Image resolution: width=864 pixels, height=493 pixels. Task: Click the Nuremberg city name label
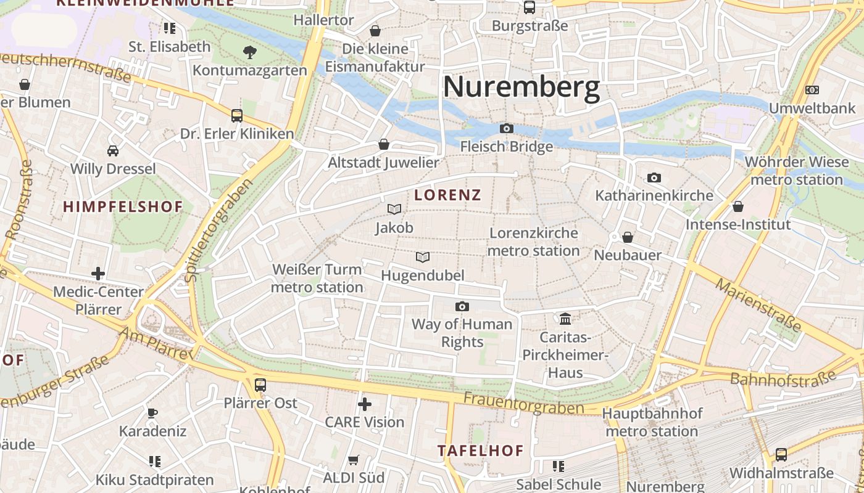[521, 87]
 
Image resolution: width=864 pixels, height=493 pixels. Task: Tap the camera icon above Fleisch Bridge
[507, 128]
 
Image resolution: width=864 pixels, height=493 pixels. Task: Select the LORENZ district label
[448, 195]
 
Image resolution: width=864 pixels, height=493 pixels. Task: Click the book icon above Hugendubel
[423, 257]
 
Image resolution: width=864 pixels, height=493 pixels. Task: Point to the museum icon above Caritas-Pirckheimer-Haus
[565, 319]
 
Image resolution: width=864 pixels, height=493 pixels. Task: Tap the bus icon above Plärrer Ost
[260, 385]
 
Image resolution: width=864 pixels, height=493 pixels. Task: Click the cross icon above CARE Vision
[365, 404]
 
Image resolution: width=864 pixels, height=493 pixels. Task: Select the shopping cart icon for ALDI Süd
[354, 460]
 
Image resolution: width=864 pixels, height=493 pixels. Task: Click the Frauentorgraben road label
[523, 404]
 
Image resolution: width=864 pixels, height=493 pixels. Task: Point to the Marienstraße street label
[759, 304]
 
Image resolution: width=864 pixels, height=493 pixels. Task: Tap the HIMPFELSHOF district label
[123, 207]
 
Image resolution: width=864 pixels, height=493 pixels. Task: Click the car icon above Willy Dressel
[113, 150]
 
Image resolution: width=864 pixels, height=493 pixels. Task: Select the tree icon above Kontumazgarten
[250, 52]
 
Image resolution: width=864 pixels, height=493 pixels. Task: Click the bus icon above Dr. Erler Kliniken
[237, 115]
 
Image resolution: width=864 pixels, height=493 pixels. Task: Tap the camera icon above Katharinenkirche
[654, 178]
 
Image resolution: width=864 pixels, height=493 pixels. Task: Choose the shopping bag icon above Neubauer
[628, 237]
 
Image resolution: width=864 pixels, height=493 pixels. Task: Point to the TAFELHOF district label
[481, 450]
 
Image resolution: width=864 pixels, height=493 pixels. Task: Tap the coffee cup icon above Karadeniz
[152, 413]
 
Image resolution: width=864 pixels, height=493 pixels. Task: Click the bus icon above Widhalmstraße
[781, 455]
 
